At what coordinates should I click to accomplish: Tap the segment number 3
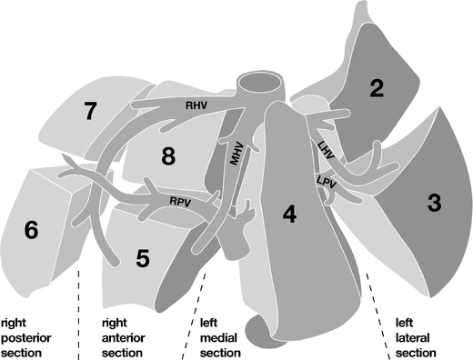pyautogui.click(x=433, y=204)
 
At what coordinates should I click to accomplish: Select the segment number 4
pyautogui.click(x=289, y=215)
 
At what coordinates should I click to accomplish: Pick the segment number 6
pyautogui.click(x=31, y=231)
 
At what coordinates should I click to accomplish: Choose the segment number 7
pyautogui.click(x=89, y=112)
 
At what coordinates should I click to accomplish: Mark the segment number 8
pyautogui.click(x=167, y=156)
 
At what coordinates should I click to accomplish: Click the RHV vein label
pyautogui.click(x=196, y=105)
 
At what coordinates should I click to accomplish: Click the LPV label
pyautogui.click(x=327, y=182)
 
